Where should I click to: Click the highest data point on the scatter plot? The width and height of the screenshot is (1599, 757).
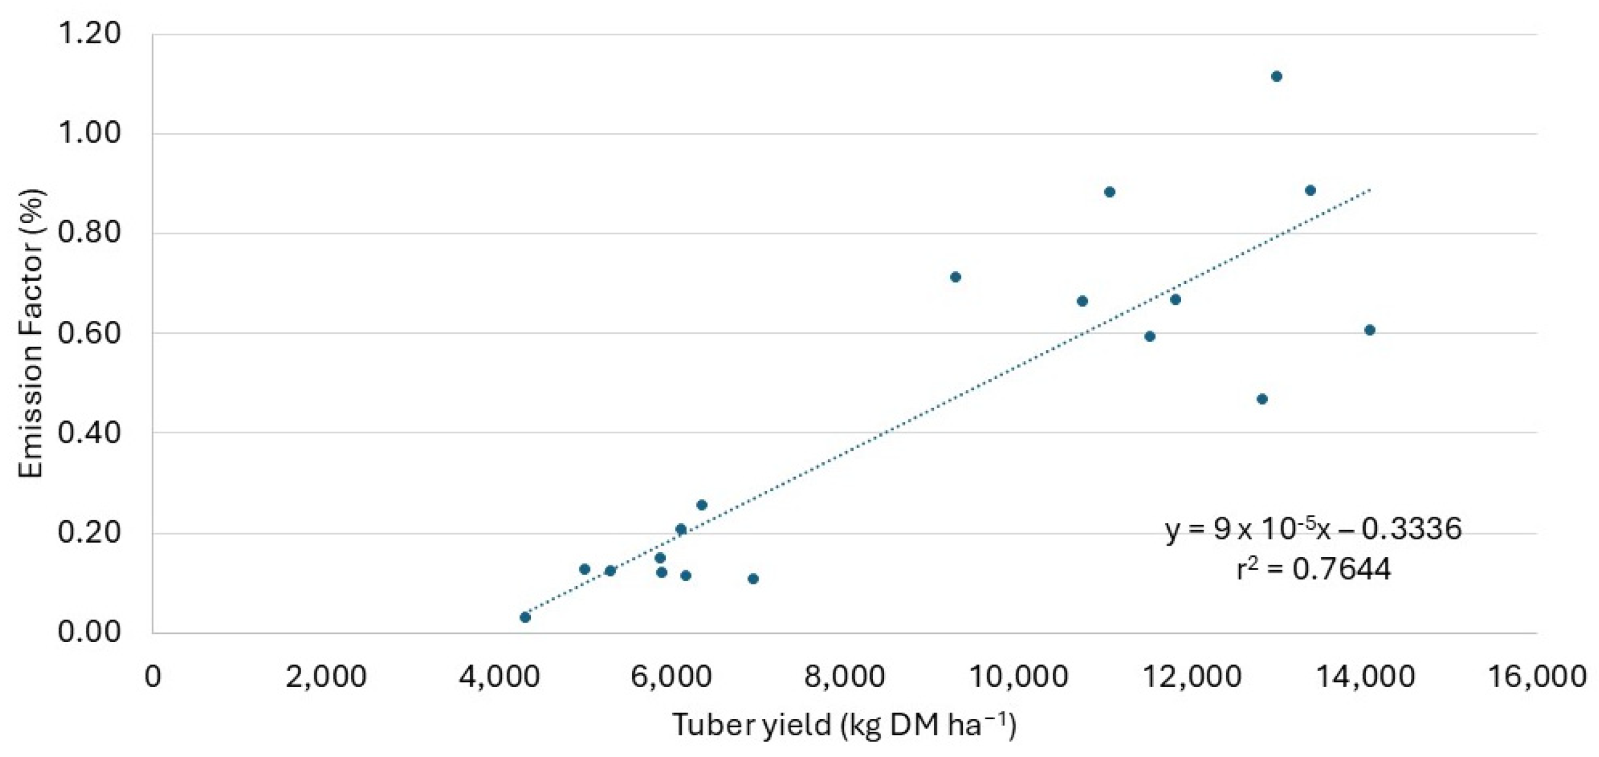[1277, 76]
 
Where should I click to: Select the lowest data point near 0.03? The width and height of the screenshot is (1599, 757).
[525, 617]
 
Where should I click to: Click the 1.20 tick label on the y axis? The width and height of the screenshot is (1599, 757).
[89, 34]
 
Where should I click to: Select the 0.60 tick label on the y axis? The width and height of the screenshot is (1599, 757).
[89, 333]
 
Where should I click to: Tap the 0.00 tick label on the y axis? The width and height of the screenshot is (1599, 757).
[89, 632]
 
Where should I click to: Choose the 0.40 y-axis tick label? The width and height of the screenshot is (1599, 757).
[89, 433]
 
